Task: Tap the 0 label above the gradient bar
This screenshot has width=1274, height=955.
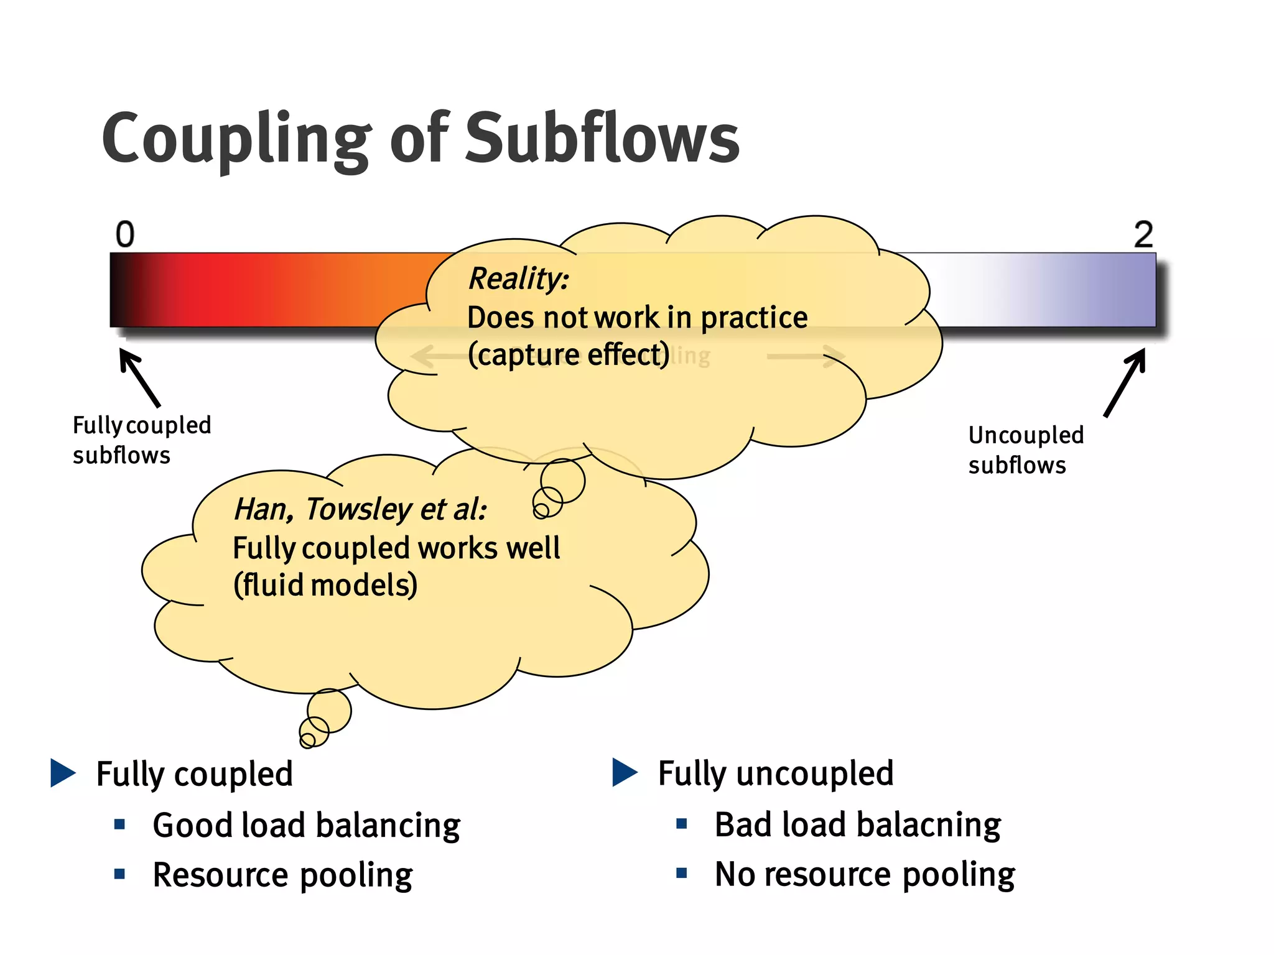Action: [125, 234]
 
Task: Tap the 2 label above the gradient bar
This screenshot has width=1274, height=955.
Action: [1143, 234]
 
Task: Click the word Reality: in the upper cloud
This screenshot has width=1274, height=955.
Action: [518, 278]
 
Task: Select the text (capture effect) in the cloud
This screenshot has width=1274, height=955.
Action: [569, 355]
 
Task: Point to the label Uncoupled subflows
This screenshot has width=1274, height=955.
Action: [1026, 450]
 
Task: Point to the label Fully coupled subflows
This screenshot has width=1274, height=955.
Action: [141, 440]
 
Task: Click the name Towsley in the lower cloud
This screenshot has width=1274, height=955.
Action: [358, 509]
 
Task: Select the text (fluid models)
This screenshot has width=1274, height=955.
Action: [325, 585]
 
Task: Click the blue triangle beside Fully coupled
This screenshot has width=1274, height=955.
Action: [63, 773]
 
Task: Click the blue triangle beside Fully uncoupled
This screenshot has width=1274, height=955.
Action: [625, 772]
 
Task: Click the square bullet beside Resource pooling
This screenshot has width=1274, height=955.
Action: [120, 874]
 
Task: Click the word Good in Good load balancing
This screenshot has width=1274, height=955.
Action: [193, 825]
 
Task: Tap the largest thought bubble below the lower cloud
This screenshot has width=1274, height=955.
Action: [329, 710]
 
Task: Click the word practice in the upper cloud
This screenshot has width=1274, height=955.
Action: [753, 318]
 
